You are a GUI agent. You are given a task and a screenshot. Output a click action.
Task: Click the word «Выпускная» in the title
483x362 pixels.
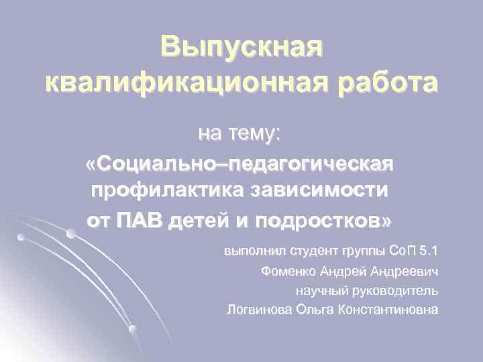coord(241,48)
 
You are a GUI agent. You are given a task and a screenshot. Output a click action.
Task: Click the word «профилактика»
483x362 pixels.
coord(166,190)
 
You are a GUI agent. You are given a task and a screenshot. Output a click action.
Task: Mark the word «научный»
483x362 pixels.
coord(318,291)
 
